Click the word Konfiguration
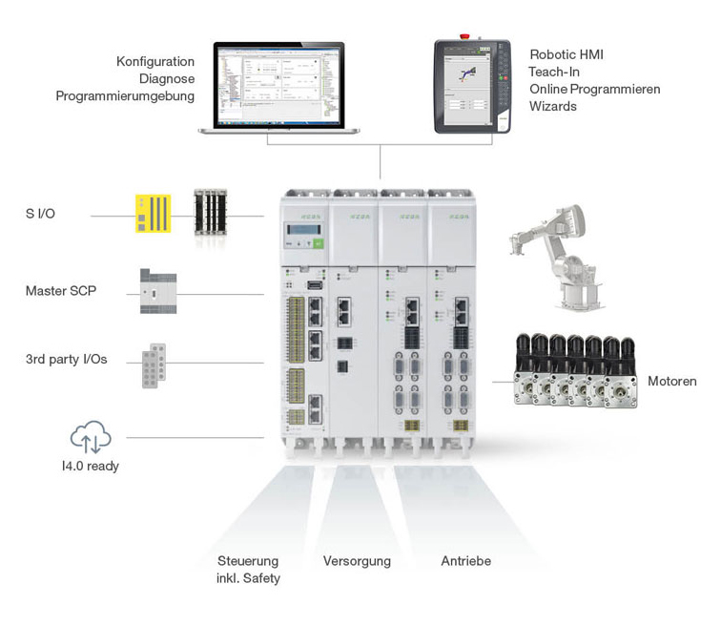click(154, 62)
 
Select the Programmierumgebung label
click(125, 96)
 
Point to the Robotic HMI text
click(566, 54)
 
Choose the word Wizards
click(553, 106)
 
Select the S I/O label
click(40, 214)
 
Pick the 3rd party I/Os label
click(66, 360)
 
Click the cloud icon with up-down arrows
click(91, 438)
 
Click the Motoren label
click(671, 381)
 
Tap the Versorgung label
click(357, 561)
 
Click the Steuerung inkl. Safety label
click(249, 569)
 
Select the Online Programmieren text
click(594, 89)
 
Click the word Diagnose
click(167, 79)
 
